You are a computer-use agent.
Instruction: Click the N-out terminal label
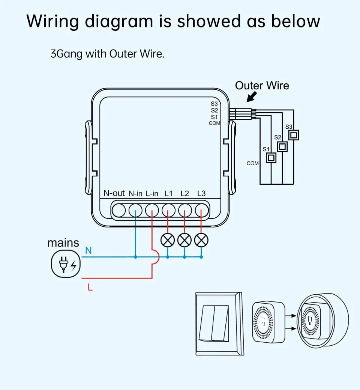(114, 193)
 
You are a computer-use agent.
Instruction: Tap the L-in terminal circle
(152, 211)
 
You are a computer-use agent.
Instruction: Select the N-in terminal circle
(135, 211)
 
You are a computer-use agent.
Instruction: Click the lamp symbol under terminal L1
(168, 239)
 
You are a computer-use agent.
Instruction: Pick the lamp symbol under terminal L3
(201, 239)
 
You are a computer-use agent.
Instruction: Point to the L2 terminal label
(184, 193)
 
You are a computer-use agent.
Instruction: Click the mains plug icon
(65, 263)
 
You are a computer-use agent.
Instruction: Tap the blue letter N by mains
(88, 250)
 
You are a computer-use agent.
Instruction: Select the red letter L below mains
(90, 288)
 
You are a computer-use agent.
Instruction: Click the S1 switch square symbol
(271, 158)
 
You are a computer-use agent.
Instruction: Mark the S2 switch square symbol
(282, 146)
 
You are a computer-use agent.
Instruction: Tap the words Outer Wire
(262, 86)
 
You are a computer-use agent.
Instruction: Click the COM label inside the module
(214, 123)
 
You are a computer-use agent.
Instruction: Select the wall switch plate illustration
(218, 323)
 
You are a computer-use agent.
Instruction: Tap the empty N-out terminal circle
(119, 211)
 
